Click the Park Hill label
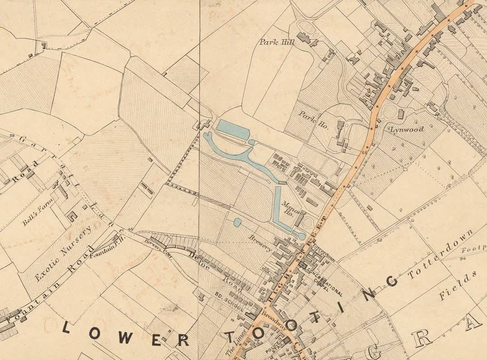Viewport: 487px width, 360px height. [x=277, y=42]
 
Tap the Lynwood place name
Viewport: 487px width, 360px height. [x=408, y=129]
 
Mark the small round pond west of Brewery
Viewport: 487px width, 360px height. [x=237, y=222]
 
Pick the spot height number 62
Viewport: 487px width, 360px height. [x=379, y=240]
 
